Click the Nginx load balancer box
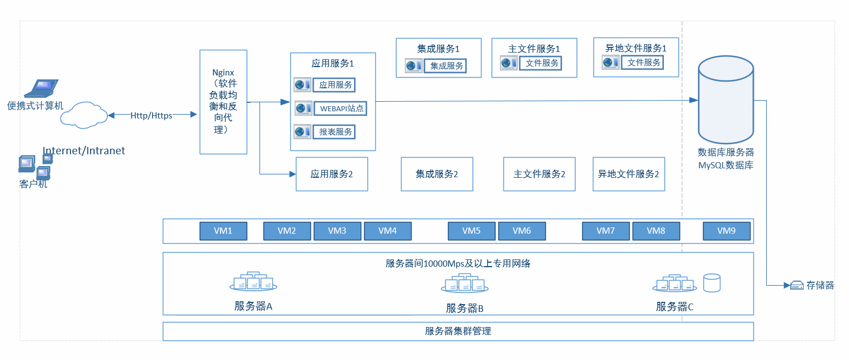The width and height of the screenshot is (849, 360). coord(223,102)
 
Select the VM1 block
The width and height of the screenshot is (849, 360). coord(223,231)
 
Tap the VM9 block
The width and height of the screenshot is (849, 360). coord(726,231)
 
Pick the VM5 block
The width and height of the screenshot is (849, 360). coord(471,231)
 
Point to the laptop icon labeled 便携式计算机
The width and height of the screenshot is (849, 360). coord(43,88)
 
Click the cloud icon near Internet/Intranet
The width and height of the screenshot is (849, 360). coord(84,115)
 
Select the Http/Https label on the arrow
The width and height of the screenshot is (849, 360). coord(151,116)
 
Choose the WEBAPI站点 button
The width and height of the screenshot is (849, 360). coord(339,108)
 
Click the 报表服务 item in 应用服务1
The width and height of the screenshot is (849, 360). coord(334,132)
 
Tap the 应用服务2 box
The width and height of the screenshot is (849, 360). coord(332,174)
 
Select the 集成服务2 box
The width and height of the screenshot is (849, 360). coord(437,174)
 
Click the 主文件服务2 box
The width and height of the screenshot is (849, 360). coord(539,174)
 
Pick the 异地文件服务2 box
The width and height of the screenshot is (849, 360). coord(629,174)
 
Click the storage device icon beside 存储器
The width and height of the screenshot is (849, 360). coord(797,286)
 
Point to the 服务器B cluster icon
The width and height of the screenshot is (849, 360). coord(464,284)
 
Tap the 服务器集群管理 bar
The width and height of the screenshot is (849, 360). coord(458,331)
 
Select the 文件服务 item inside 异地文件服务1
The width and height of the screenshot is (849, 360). coord(644,63)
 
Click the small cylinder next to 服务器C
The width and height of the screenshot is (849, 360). coord(712,282)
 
